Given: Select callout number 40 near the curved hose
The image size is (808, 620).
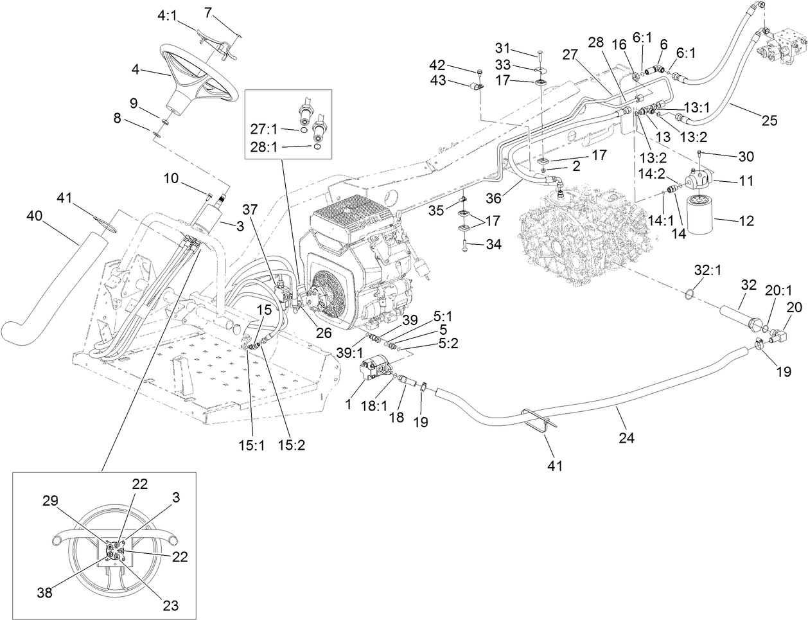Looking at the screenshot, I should pos(34,217).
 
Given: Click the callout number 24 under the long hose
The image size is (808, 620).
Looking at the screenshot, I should pos(626,438).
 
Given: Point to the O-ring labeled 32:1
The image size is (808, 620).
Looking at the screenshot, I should pos(688,294).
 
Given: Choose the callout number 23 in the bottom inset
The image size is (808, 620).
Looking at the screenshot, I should pos(170,605).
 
